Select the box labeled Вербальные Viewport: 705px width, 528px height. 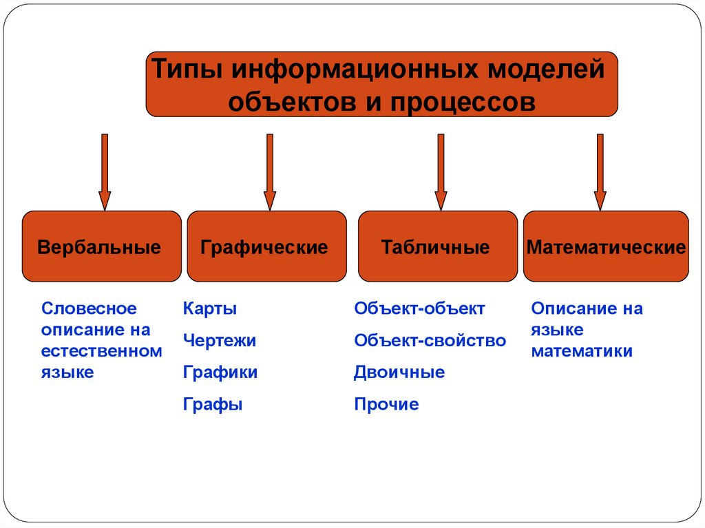(102, 246)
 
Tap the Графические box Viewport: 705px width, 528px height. (266, 246)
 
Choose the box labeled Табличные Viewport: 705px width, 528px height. (437, 246)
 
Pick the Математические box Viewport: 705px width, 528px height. (606, 246)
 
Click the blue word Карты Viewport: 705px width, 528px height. (210, 308)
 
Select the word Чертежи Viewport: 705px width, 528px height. (220, 340)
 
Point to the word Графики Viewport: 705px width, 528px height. (220, 372)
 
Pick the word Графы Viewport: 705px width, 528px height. (213, 404)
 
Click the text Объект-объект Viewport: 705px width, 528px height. (419, 308)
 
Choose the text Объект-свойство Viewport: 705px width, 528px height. (430, 340)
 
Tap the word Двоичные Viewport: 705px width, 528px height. (399, 372)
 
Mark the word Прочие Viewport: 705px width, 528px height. (386, 404)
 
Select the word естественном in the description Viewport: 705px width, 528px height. (101, 351)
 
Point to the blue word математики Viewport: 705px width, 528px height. (582, 351)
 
